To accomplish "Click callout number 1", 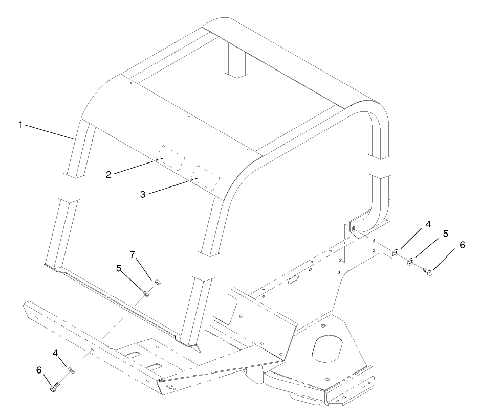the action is click(x=21, y=125).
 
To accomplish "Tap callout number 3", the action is click(x=143, y=194).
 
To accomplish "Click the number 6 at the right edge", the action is click(x=463, y=245).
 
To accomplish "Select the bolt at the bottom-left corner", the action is click(x=54, y=388).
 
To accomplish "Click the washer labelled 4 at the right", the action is click(x=396, y=252).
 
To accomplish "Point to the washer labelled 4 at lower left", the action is click(x=72, y=369).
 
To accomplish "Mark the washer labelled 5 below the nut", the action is click(x=146, y=293).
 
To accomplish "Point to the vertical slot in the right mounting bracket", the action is click(x=353, y=227).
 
